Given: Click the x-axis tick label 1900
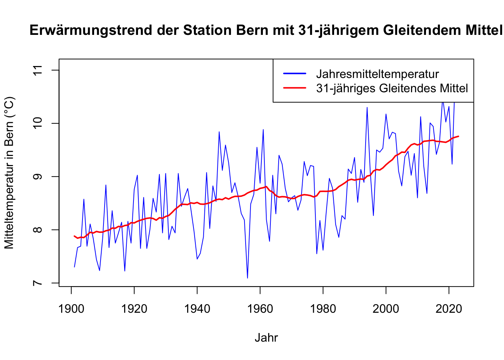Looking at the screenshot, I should click(71, 309).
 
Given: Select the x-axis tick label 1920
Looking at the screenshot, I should click(134, 309).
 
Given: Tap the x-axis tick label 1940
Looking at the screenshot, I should click(197, 309).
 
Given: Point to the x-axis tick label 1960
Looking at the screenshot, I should click(260, 309).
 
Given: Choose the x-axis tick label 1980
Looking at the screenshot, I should click(323, 309).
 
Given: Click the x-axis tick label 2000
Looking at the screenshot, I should click(386, 309).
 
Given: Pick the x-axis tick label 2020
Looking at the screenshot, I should click(448, 309).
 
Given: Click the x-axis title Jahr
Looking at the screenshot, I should click(266, 337).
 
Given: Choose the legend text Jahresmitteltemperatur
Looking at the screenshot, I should click(377, 74).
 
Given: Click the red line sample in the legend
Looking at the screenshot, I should click(295, 88).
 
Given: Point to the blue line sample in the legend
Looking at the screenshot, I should click(295, 73).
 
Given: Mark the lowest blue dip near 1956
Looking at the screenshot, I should click(247, 278).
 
